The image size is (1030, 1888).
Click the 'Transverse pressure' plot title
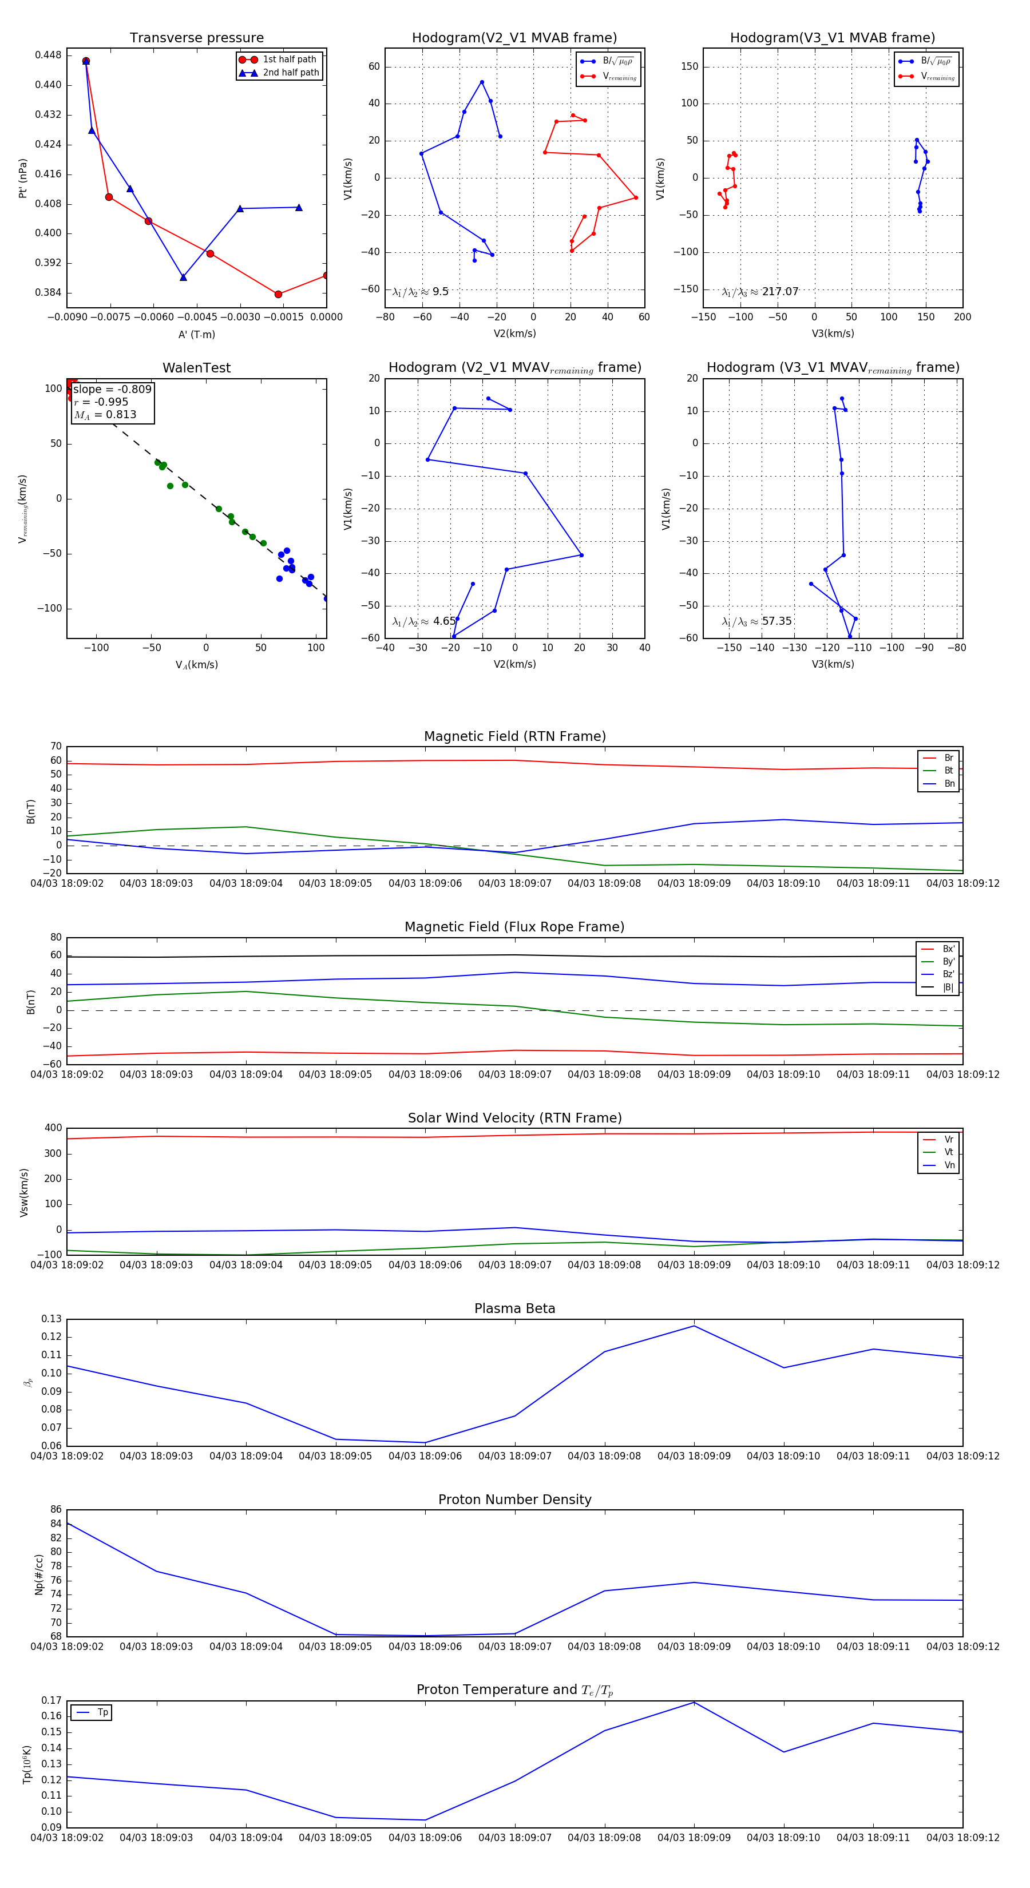click(x=196, y=38)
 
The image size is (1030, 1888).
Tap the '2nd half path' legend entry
click(x=290, y=73)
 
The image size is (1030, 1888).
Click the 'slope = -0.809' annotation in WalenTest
click(x=112, y=389)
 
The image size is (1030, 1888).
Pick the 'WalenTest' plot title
click(x=196, y=368)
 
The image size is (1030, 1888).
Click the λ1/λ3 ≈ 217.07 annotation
click(x=760, y=292)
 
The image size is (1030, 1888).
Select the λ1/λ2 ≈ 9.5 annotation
click(x=421, y=292)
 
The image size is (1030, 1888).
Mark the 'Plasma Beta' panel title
click(x=514, y=1308)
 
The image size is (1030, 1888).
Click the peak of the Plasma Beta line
click(x=694, y=1326)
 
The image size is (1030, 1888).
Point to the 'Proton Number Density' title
click(x=514, y=1500)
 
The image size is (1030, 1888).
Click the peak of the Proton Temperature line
click(x=694, y=1703)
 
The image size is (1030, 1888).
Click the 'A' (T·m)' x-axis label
click(x=196, y=334)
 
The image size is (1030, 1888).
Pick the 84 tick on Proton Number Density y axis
click(x=56, y=1524)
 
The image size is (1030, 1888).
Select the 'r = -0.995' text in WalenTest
click(x=101, y=402)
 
